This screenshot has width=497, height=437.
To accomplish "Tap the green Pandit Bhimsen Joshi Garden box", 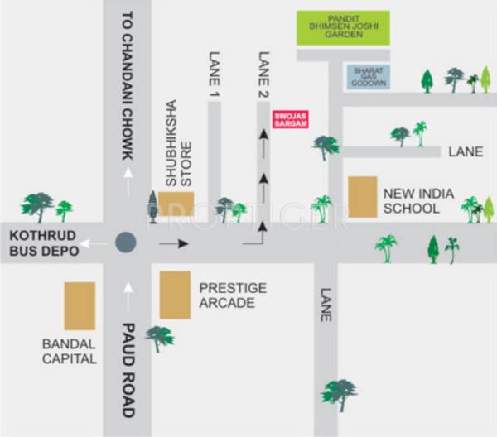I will click(x=343, y=28).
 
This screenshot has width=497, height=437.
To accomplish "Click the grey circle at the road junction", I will click(x=126, y=243).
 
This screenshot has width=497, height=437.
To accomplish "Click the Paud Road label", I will click(x=127, y=368).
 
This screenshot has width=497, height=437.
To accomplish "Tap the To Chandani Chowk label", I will click(x=127, y=79).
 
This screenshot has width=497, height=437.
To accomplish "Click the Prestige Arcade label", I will click(x=228, y=295).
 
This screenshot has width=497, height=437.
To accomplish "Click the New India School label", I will click(x=418, y=201).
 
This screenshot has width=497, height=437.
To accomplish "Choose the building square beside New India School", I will click(x=362, y=197).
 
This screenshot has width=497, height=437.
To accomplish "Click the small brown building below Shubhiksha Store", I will click(x=176, y=203).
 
